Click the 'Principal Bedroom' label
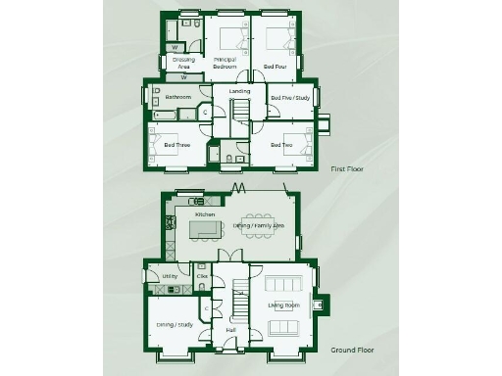[x=226, y=64]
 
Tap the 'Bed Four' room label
[x=275, y=67]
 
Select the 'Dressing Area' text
[x=183, y=64]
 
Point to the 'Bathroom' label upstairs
[x=177, y=97]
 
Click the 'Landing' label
[x=239, y=91]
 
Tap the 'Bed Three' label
[x=176, y=146]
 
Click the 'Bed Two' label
[x=281, y=146]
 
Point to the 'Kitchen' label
[x=205, y=213]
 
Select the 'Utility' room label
[x=168, y=277]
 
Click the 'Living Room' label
[x=283, y=305]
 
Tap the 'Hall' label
[x=230, y=330]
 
